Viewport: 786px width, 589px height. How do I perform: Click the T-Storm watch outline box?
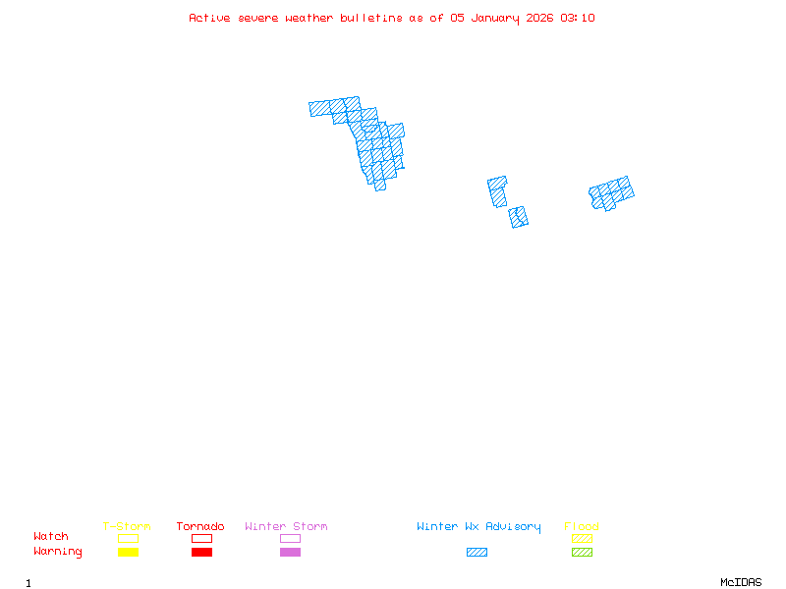click(x=128, y=538)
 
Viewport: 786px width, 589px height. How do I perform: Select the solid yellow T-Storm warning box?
click(x=128, y=552)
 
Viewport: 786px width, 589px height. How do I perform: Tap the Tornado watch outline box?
click(x=201, y=538)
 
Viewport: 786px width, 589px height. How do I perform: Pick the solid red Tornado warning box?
click(x=201, y=552)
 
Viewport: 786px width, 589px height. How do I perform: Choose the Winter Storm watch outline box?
click(x=290, y=538)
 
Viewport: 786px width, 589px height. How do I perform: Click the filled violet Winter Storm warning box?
click(x=290, y=552)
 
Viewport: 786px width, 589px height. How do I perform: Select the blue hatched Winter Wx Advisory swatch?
click(x=477, y=552)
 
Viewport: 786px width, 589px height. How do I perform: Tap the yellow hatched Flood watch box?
click(x=582, y=538)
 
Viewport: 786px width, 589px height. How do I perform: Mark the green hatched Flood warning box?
click(x=582, y=552)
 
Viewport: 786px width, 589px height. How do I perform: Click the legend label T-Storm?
click(x=127, y=526)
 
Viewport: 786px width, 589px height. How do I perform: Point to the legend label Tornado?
click(x=200, y=526)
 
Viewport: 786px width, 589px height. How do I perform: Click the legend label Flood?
click(x=582, y=526)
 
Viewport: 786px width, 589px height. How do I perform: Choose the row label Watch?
click(x=51, y=537)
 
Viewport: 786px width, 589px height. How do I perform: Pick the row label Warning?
click(x=58, y=552)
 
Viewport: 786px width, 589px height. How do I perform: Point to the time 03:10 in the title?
click(x=577, y=18)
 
